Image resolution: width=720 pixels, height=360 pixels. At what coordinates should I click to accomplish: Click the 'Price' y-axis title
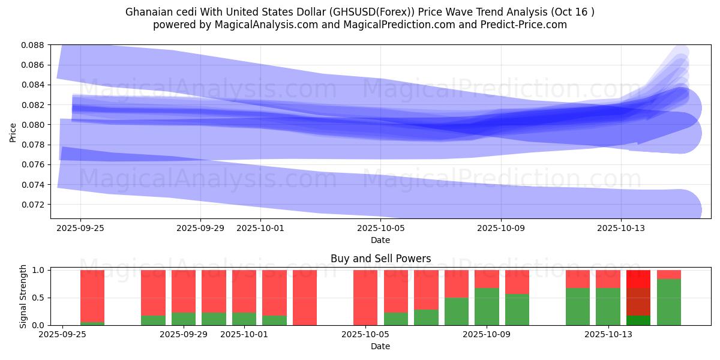tap(13, 132)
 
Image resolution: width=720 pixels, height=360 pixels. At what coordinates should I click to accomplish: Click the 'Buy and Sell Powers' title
tap(380, 259)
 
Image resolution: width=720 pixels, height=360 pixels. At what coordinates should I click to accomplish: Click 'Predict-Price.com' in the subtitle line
tap(520, 25)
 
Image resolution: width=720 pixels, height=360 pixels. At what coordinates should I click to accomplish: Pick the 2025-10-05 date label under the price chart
tap(380, 228)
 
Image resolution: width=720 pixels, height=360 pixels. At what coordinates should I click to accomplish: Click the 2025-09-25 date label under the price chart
tap(80, 228)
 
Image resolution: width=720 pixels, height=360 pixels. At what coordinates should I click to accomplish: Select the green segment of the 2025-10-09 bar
tap(487, 307)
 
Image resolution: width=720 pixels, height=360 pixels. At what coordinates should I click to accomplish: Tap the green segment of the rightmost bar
tap(669, 302)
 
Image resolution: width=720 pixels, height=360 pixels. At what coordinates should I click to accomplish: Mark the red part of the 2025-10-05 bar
tap(365, 297)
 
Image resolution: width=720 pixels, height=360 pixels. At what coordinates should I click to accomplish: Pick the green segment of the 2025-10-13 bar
tap(608, 307)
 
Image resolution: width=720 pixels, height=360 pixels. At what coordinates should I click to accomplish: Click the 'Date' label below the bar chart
tap(380, 346)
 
